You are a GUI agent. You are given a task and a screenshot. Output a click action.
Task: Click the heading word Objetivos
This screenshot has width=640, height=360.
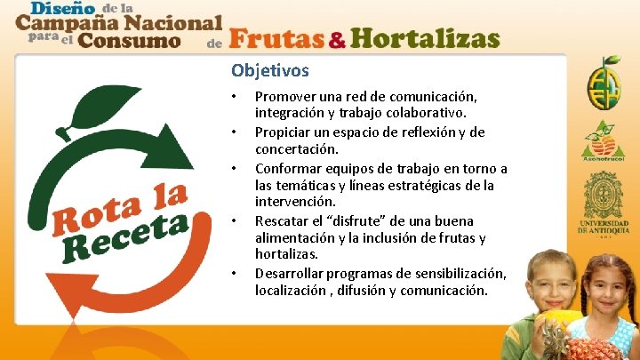tap(270, 69)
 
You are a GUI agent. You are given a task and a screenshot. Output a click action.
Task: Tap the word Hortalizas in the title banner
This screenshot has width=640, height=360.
tap(424, 39)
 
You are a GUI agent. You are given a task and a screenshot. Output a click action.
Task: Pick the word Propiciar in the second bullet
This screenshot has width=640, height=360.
tap(284, 132)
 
